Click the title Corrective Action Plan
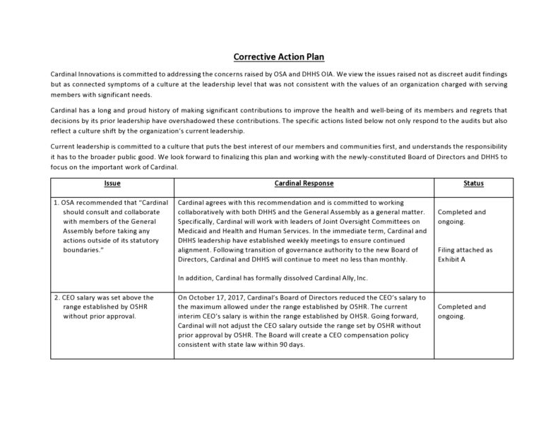click(x=279, y=57)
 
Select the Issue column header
click(x=112, y=184)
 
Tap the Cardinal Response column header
click(x=304, y=184)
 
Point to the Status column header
click(x=473, y=184)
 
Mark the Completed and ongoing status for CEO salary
click(x=462, y=312)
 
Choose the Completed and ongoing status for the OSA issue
click(x=462, y=216)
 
